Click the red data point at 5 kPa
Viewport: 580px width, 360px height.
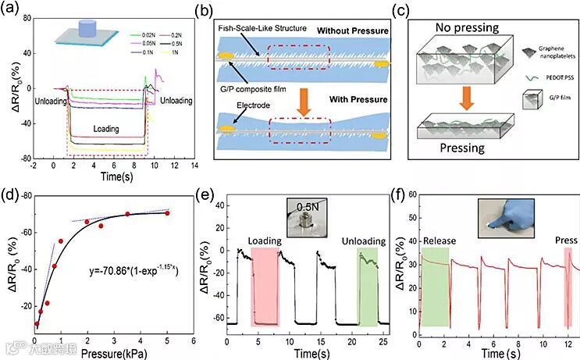167,213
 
